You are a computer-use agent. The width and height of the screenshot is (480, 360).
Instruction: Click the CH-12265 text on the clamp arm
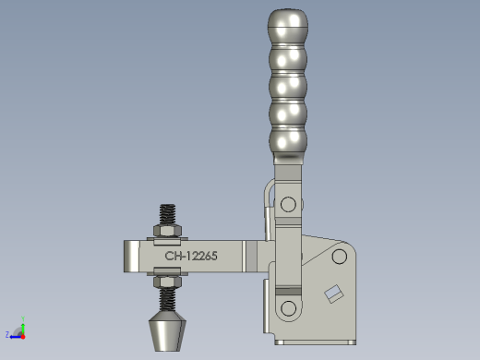[x=191, y=256]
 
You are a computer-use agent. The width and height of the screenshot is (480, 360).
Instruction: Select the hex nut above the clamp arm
[x=167, y=231]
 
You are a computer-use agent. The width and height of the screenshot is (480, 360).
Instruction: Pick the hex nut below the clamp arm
[x=167, y=282]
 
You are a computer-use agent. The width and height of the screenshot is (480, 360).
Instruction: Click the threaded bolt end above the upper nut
[x=167, y=214]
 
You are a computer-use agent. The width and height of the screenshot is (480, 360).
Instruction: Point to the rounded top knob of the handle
[x=288, y=19]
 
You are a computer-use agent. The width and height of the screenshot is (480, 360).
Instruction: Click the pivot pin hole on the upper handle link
[x=288, y=204]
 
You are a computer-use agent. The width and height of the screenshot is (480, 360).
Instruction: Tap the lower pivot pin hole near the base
[x=288, y=308]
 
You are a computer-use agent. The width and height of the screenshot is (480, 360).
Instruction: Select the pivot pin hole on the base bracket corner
[x=340, y=257]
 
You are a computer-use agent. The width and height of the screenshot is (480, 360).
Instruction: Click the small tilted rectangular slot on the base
[x=334, y=294]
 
